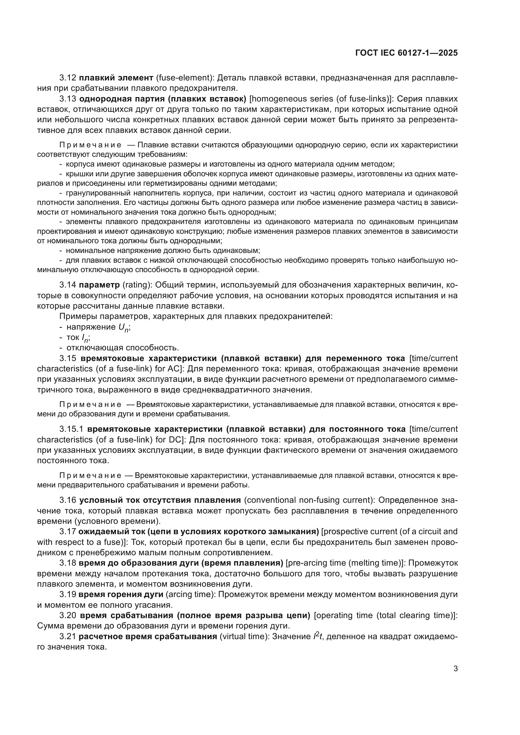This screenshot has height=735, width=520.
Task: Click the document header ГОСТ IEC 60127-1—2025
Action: click(406, 53)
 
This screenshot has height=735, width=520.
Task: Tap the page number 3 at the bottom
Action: click(455, 669)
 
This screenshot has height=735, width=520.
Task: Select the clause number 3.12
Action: click(68, 78)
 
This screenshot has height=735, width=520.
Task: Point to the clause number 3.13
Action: click(68, 99)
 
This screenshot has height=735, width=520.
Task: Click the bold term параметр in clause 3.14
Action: click(99, 285)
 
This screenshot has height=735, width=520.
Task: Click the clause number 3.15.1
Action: click(72, 429)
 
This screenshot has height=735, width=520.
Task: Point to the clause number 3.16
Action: click(68, 500)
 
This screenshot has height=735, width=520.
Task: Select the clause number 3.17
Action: click(68, 532)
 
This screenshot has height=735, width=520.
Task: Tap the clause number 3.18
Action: click(68, 563)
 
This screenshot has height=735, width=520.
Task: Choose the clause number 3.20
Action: click(68, 616)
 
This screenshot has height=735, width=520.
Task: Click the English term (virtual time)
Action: click(244, 637)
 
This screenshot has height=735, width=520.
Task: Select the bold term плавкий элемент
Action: click(116, 78)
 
